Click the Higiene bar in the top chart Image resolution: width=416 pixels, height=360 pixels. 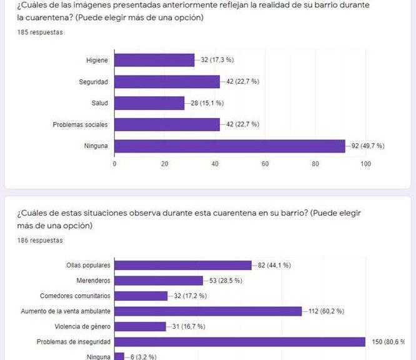click(154, 60)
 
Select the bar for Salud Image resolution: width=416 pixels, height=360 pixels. click(149, 103)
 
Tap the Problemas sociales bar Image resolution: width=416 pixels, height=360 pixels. click(167, 124)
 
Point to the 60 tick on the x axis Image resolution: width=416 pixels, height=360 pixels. click(265, 164)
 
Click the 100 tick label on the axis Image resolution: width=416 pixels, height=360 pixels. click(365, 164)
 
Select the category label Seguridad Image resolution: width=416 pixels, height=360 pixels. click(94, 82)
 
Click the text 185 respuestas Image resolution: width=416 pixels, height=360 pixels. click(40, 32)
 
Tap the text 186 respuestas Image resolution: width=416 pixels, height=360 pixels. click(40, 240)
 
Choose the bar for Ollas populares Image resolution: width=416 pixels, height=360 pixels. click(183, 265)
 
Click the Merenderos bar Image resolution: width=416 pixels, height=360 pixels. click(159, 281)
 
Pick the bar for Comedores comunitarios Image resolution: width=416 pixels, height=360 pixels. click(141, 296)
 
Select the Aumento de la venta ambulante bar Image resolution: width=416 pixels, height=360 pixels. click(208, 311)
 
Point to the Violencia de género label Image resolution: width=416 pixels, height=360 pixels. click(80, 326)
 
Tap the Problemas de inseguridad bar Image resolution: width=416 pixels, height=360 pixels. click(240, 342)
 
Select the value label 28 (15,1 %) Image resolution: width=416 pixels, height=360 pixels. click(205, 103)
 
